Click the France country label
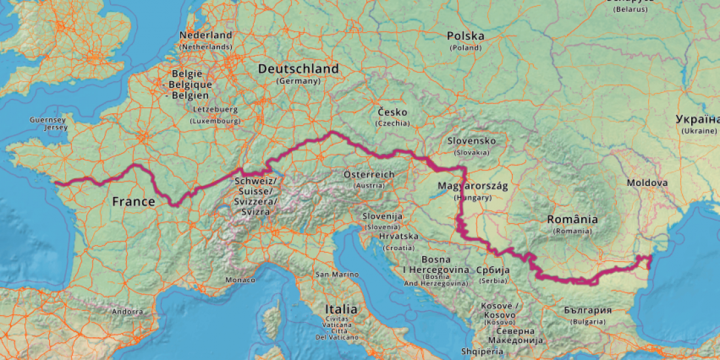[134, 201]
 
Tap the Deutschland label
[298, 69]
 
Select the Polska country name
[465, 36]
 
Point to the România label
[573, 219]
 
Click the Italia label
[342, 309]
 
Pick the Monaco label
[240, 280]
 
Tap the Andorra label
[127, 312]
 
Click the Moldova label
[647, 183]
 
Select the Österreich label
[369, 175]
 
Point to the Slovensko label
[471, 141]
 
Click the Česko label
[393, 112]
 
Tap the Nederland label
[206, 35]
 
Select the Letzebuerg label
[215, 109]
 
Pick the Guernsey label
[48, 120]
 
